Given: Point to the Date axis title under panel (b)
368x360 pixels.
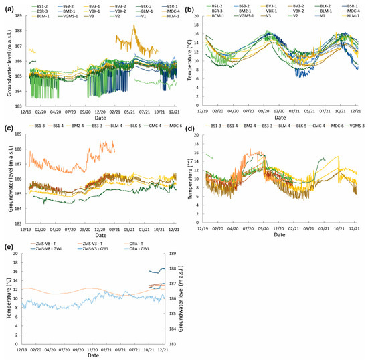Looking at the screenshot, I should click(x=281, y=120).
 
